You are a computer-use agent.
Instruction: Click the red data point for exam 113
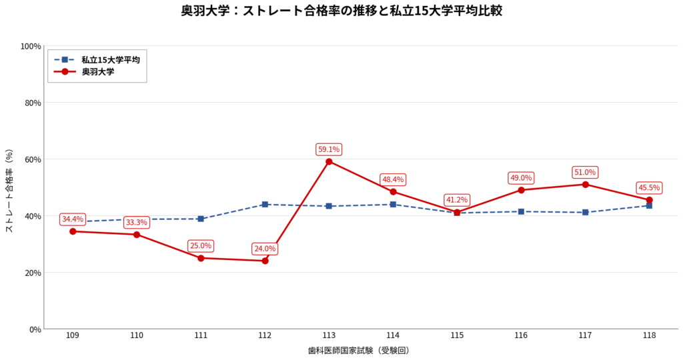coord(329,161)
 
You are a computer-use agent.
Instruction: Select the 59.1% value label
coord(329,149)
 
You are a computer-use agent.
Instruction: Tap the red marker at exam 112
coord(265,261)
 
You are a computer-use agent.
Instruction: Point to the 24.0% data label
coord(265,249)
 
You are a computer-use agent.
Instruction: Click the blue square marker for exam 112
coord(265,205)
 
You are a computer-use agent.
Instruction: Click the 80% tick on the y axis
coord(31,103)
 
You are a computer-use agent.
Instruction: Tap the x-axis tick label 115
coord(457,335)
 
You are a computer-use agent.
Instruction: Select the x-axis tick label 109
coord(73,335)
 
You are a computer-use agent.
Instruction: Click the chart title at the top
coord(341,11)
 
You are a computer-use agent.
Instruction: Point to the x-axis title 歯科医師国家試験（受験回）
coord(361,350)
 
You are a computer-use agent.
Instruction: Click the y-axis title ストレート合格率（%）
coord(9,191)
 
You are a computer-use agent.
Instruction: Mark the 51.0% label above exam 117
coord(585,173)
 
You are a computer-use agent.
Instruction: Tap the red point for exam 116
coord(521,190)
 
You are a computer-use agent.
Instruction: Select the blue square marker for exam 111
coord(201,219)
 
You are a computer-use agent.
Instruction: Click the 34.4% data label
coord(73,219)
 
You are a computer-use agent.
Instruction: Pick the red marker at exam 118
coord(649,200)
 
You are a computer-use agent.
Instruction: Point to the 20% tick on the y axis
coord(31,273)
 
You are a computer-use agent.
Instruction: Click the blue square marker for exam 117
coord(585,213)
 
